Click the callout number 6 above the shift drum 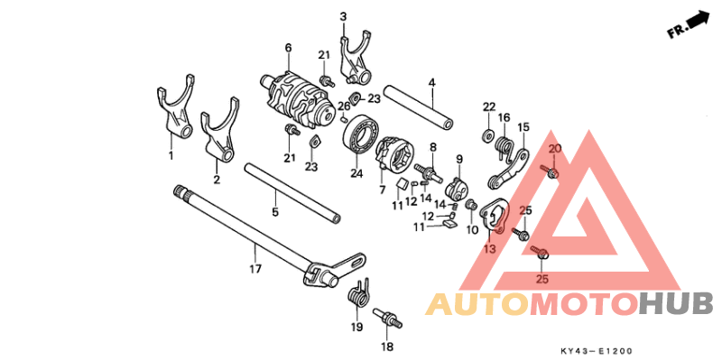point(288,48)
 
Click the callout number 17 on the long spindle point(255,268)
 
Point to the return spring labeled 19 point(357,297)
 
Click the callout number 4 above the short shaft point(431,83)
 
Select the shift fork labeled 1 point(174,109)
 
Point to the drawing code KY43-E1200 point(597,351)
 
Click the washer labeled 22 point(487,135)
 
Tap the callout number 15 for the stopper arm point(524,125)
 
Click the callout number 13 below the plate point(489,249)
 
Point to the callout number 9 point(458,160)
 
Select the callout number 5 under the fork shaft point(275,212)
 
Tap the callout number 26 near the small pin point(344,106)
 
